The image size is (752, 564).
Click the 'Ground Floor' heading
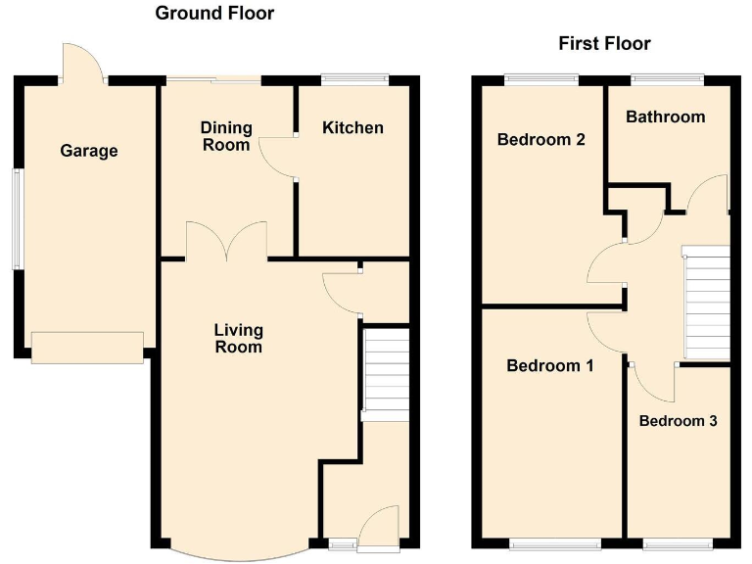pos(214,14)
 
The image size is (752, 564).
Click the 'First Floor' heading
pos(604,43)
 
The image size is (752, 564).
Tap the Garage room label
pos(89,151)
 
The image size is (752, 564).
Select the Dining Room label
pos(226,136)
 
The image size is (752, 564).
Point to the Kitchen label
pos(352,128)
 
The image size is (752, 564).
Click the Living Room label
pos(238,339)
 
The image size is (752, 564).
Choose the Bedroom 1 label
pos(549,366)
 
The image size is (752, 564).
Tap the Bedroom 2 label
pos(541,139)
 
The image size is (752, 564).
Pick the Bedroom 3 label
pos(678,421)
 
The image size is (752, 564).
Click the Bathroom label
pos(665,117)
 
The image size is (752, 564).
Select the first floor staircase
pos(707,304)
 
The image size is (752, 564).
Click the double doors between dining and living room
pos(226,241)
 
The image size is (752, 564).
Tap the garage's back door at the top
pos(82,65)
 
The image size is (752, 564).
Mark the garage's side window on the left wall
pos(16,218)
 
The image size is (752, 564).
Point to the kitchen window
pos(354,79)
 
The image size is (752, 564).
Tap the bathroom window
pos(667,79)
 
